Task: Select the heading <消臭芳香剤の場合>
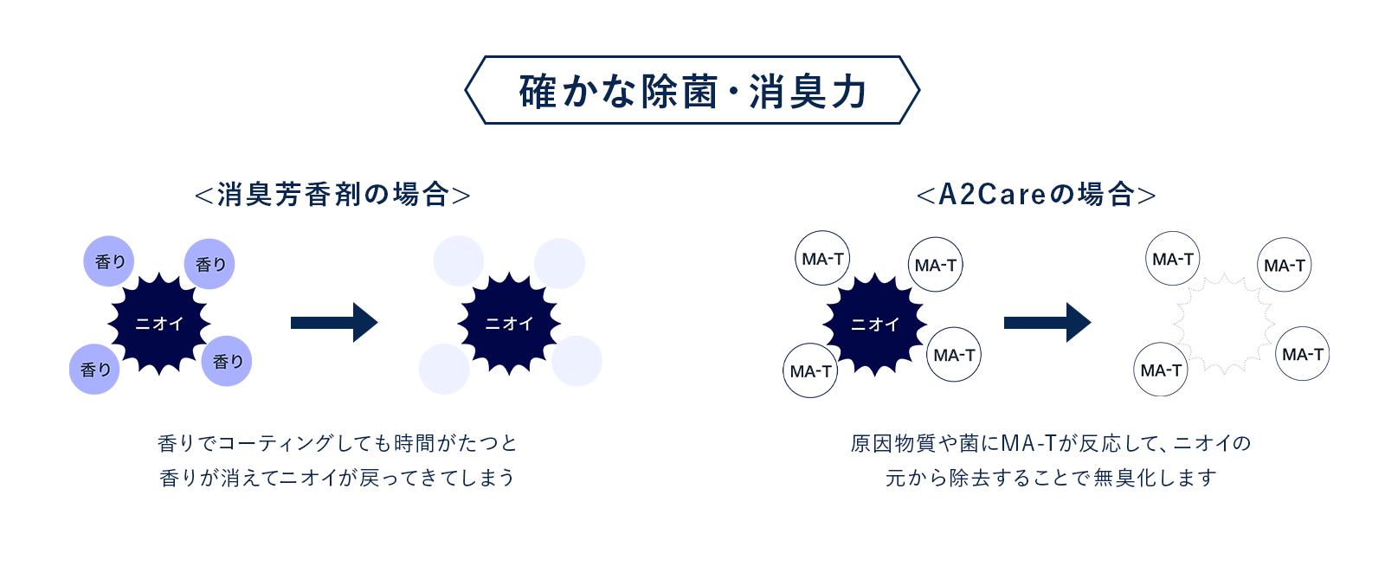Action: [332, 195]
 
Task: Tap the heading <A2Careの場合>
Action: [1036, 195]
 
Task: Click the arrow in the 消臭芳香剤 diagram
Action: [334, 322]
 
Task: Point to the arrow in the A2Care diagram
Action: [1047, 322]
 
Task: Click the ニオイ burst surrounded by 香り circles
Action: [159, 323]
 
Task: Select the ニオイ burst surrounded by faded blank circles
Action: [509, 323]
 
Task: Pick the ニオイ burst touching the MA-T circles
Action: [874, 324]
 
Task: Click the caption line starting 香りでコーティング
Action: [337, 443]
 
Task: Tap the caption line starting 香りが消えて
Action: [337, 478]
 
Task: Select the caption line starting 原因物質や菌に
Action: [1051, 443]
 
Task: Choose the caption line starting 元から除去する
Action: [1051, 478]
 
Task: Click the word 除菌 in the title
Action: [679, 92]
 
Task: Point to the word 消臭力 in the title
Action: [808, 92]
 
